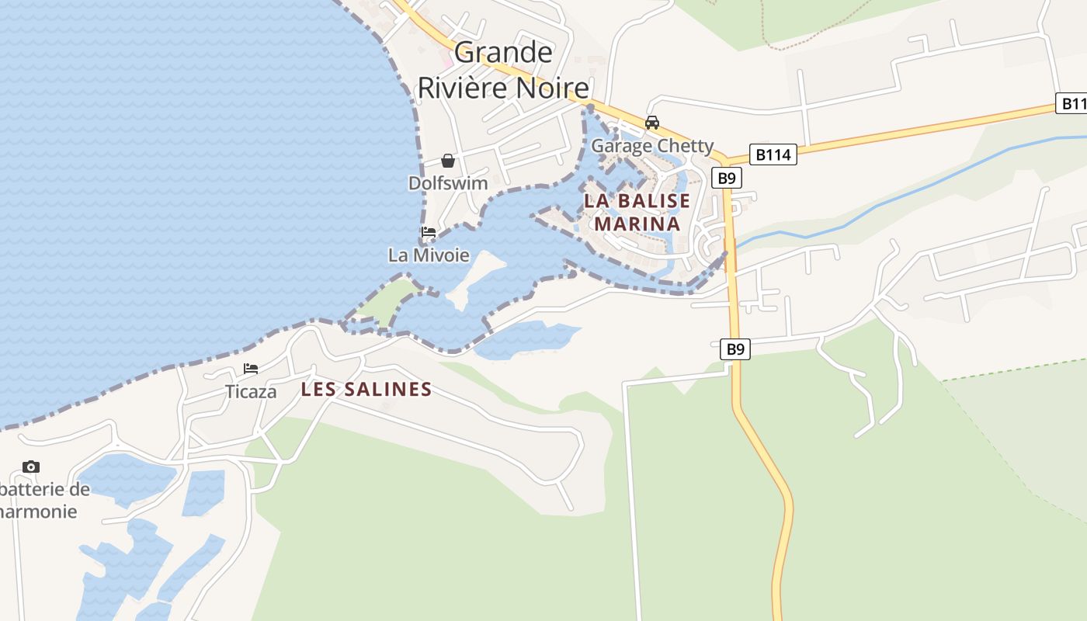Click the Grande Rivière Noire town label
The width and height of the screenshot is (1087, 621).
point(503,70)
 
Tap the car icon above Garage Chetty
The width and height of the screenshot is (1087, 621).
point(652,123)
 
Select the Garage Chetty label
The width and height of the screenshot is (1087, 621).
point(652,146)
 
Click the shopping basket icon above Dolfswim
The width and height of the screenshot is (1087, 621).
point(448,161)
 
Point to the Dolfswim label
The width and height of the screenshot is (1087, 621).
point(448,183)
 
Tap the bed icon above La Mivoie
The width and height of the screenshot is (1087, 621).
point(428,232)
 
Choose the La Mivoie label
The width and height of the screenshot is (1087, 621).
point(429,255)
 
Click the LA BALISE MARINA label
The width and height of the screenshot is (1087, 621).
point(637,212)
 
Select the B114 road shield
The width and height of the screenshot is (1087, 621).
point(773,154)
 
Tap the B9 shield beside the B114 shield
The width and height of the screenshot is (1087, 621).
point(726,178)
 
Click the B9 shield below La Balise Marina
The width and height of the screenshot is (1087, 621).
point(735,349)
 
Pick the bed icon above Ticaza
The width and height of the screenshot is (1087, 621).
point(250,369)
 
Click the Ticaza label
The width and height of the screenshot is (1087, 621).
point(250,391)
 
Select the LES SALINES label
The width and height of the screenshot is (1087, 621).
point(366,390)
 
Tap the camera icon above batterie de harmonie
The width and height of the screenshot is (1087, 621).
point(31,467)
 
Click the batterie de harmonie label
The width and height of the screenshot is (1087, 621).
point(43,501)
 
